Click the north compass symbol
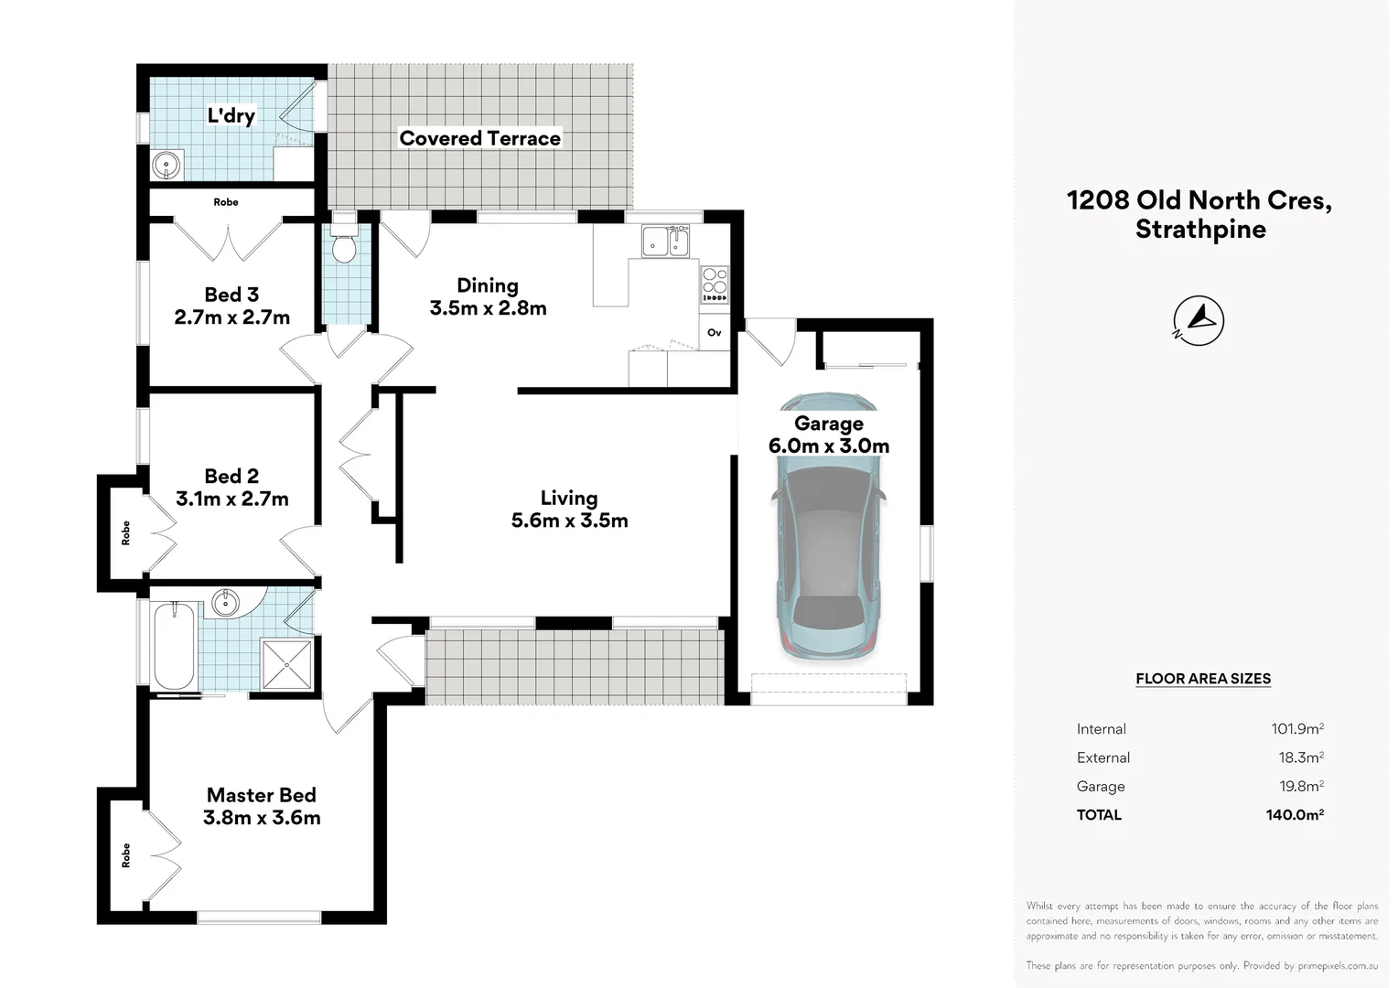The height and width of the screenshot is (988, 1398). [x=1199, y=321]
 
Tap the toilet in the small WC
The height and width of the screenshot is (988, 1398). [x=343, y=242]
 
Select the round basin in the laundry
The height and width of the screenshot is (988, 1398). [x=166, y=166]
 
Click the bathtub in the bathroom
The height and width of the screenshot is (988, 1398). [x=174, y=646]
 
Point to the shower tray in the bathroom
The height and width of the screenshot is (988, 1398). [x=286, y=664]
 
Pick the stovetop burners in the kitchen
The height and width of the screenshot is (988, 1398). [x=715, y=285]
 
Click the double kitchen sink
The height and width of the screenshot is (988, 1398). [x=665, y=241]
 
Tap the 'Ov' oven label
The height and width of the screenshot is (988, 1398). [x=714, y=333]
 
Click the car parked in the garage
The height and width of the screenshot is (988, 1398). [x=828, y=525]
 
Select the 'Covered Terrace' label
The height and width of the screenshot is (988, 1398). [x=480, y=138]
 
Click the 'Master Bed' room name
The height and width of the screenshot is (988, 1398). [x=262, y=795]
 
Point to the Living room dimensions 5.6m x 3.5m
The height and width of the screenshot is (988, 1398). [x=569, y=520]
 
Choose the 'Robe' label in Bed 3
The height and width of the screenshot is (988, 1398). [x=226, y=202]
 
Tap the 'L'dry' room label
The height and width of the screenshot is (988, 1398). [x=231, y=115]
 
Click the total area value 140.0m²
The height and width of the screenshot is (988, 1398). [x=1295, y=814]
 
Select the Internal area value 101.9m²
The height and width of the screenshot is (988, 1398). [x=1297, y=728]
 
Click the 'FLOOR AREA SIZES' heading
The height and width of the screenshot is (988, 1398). [x=1203, y=679]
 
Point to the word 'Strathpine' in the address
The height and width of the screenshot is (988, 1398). [x=1200, y=229]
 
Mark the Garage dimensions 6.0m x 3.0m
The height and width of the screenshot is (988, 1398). [x=829, y=446]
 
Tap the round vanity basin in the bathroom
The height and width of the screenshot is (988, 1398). [x=225, y=603]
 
